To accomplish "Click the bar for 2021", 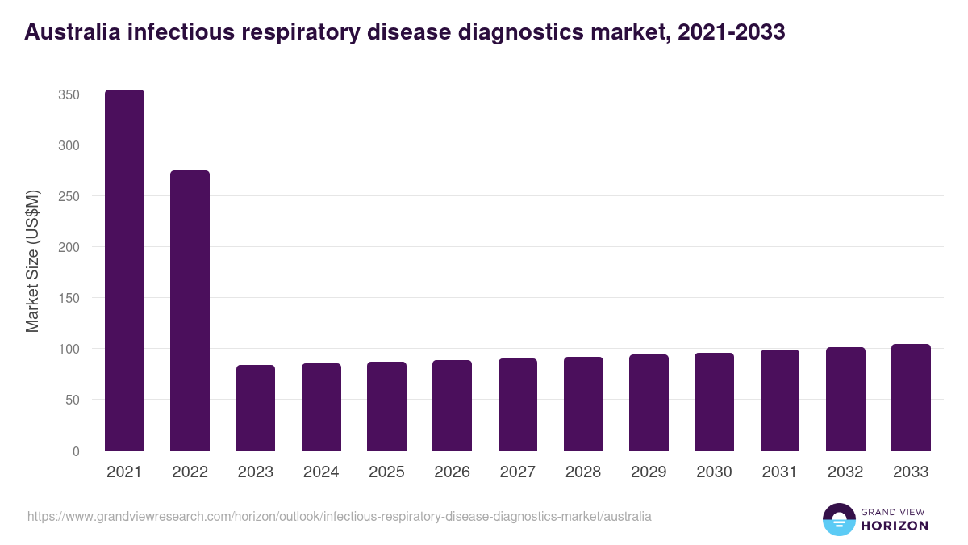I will click(124, 270).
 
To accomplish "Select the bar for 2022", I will click(190, 311).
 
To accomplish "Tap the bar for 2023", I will click(256, 408).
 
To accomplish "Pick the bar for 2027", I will click(517, 405).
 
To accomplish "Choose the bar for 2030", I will click(714, 402).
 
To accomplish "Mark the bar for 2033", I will click(911, 397).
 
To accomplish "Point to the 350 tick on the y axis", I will click(69, 94).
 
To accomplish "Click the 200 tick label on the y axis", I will click(69, 247).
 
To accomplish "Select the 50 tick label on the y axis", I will click(73, 400).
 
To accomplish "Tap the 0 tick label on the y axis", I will click(76, 451).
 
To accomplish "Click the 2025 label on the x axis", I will click(386, 472).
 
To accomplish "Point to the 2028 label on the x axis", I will click(582, 472).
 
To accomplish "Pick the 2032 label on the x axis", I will click(845, 472).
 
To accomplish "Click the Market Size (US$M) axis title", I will click(32, 261).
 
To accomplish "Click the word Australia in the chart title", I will click(71, 32).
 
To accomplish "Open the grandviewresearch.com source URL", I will click(339, 516).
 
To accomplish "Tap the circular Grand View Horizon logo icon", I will click(838, 519).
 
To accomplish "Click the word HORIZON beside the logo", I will click(895, 526).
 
